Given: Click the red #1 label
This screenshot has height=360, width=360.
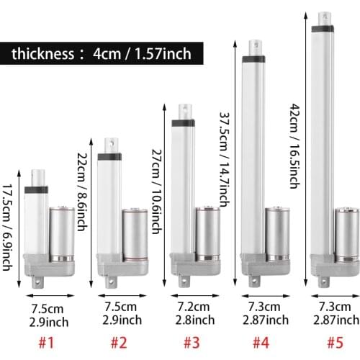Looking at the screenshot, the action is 47,342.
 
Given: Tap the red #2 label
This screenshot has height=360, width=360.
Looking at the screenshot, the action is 119,342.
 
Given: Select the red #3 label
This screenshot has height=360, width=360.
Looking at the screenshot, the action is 192,342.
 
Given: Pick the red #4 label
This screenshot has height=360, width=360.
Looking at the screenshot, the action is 261,342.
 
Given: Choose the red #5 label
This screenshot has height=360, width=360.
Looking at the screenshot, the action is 336,342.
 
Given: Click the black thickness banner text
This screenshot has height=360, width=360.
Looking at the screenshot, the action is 102,53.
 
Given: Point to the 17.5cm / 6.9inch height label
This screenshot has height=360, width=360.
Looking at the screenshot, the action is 7,228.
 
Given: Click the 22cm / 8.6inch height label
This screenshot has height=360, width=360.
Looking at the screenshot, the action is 82,192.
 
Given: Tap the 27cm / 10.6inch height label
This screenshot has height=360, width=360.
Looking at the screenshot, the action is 157,192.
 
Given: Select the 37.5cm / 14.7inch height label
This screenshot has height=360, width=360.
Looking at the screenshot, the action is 225,160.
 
